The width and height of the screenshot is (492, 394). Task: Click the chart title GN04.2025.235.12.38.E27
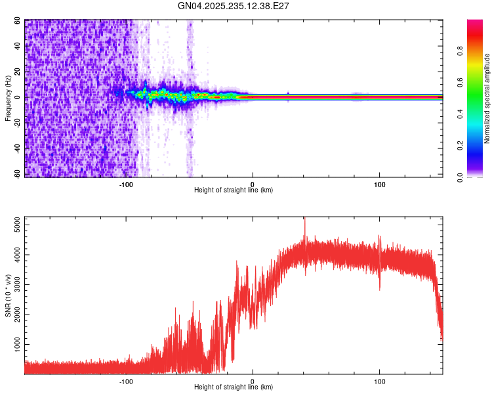point(234,6)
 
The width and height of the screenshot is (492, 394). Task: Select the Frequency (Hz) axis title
point(7,98)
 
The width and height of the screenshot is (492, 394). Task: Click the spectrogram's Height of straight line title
point(234,190)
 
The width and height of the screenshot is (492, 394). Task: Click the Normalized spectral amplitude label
point(487,98)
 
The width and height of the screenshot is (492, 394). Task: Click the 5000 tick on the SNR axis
point(14,225)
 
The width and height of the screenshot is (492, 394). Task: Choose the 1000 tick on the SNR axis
point(14,344)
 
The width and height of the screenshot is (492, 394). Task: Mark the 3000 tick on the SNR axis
point(14,285)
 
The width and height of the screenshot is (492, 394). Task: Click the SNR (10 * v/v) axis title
point(7,295)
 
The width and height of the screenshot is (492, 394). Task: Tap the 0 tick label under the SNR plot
point(253,380)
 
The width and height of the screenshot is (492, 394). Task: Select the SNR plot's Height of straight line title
point(234,387)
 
